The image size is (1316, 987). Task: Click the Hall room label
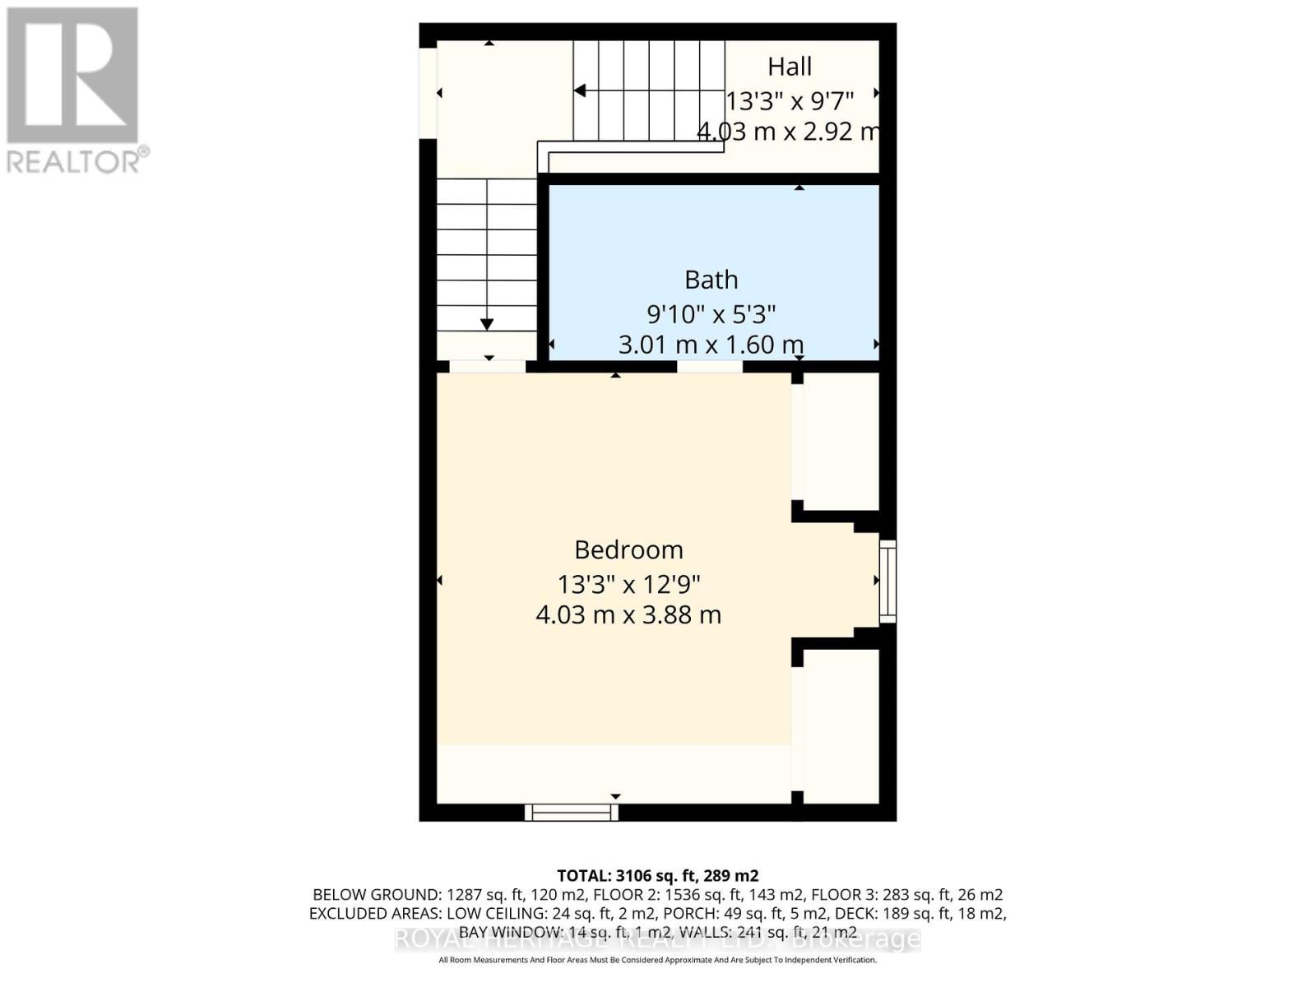790,67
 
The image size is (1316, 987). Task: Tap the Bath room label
711,280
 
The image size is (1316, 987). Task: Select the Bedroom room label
628,549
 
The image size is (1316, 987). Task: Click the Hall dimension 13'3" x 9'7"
790,100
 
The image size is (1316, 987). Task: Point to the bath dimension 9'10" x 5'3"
711,313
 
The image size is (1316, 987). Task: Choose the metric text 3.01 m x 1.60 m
711,345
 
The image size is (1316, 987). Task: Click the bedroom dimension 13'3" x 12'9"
628,585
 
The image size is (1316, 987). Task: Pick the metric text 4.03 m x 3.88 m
628,615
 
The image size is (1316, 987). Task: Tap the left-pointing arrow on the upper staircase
580,90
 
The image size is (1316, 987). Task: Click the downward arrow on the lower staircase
487,324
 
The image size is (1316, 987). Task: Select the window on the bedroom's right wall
887,581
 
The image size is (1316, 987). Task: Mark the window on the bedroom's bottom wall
572,813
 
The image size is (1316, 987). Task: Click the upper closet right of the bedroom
841,442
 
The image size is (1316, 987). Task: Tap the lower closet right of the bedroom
841,725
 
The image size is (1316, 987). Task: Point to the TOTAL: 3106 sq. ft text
658,875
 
